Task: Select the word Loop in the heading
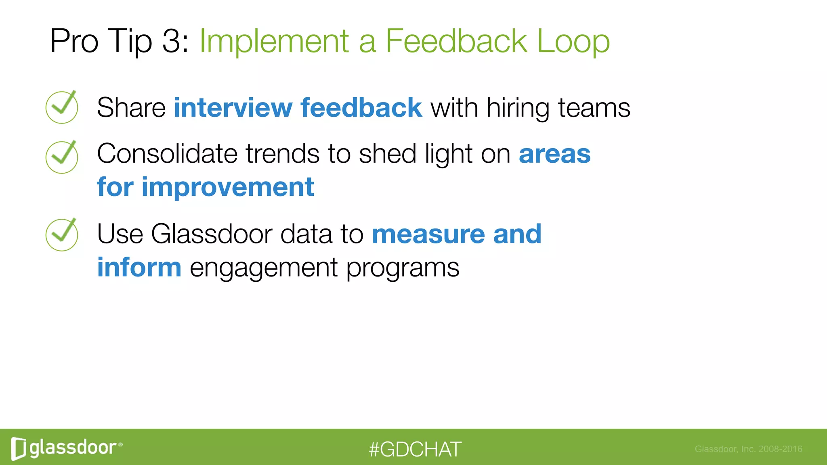(573, 42)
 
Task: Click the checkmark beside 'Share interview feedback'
(62, 107)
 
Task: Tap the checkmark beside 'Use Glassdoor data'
(62, 235)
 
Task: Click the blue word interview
(233, 108)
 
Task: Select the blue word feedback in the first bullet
(361, 108)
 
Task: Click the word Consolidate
(167, 154)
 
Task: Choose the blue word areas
(554, 155)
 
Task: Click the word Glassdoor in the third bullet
(211, 234)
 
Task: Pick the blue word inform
(139, 268)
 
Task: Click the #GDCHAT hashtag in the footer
(415, 449)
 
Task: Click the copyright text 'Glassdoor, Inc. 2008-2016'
(748, 449)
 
